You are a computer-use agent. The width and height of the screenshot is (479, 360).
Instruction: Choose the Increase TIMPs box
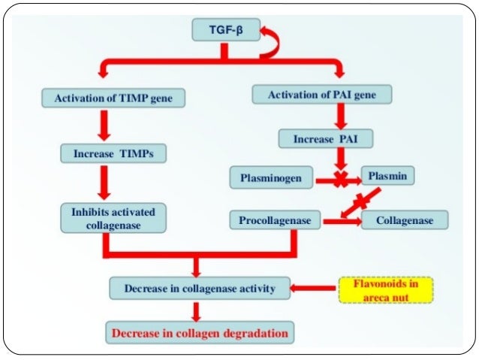click(x=113, y=153)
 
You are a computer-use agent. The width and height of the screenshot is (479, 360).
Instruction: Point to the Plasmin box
click(x=387, y=177)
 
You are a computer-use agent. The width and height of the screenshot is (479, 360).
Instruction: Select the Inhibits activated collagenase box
click(x=113, y=219)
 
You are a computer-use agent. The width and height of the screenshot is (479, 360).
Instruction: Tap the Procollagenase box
click(x=275, y=220)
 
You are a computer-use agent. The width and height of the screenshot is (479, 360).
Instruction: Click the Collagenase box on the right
click(x=405, y=220)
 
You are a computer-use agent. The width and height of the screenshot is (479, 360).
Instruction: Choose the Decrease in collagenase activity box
click(x=199, y=288)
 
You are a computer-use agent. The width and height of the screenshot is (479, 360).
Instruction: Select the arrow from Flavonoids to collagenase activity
click(x=313, y=288)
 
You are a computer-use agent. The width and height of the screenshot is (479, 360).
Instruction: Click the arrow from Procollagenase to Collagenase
click(x=342, y=221)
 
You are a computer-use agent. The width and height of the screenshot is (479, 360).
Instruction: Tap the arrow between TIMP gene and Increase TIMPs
click(x=104, y=126)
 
